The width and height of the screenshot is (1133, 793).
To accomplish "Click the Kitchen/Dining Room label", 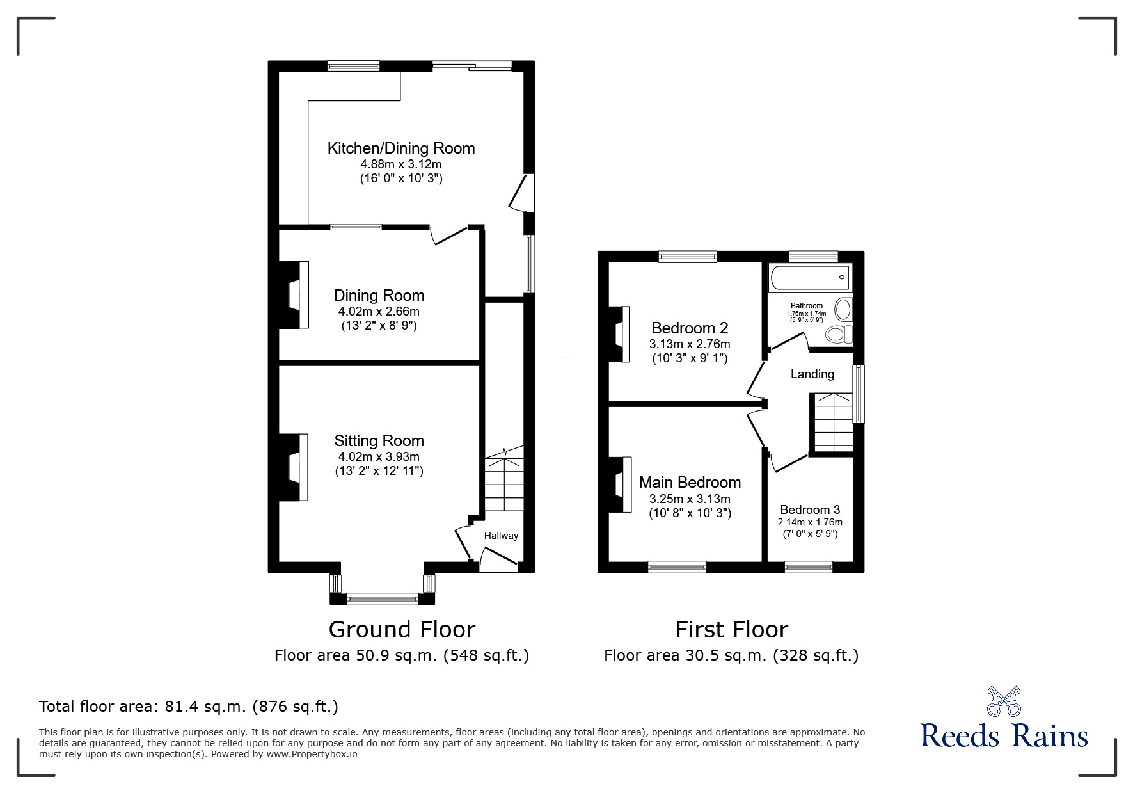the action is (401, 148).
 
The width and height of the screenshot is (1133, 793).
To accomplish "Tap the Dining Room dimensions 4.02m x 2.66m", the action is (379, 312).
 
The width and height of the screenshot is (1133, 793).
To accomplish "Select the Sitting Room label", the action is (379, 440).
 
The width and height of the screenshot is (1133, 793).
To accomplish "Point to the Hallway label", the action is (501, 536).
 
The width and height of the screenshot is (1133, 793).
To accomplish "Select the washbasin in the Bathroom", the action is (844, 310).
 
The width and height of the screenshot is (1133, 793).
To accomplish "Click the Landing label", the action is (812, 374).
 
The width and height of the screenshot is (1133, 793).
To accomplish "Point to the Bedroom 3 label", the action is (810, 510).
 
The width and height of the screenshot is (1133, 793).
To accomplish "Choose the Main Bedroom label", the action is (690, 483).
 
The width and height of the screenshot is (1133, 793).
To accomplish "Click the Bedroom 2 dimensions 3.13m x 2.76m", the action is (690, 344).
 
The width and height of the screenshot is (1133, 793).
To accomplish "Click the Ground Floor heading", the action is (402, 630).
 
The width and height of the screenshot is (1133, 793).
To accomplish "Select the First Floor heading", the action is (732, 630).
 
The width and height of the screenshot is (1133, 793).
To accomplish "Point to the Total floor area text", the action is (189, 707).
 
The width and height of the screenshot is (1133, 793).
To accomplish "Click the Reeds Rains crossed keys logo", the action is (1004, 701).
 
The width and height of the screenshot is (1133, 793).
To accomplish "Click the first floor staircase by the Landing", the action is (833, 422).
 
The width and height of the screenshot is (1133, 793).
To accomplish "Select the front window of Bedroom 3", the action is (809, 566).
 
